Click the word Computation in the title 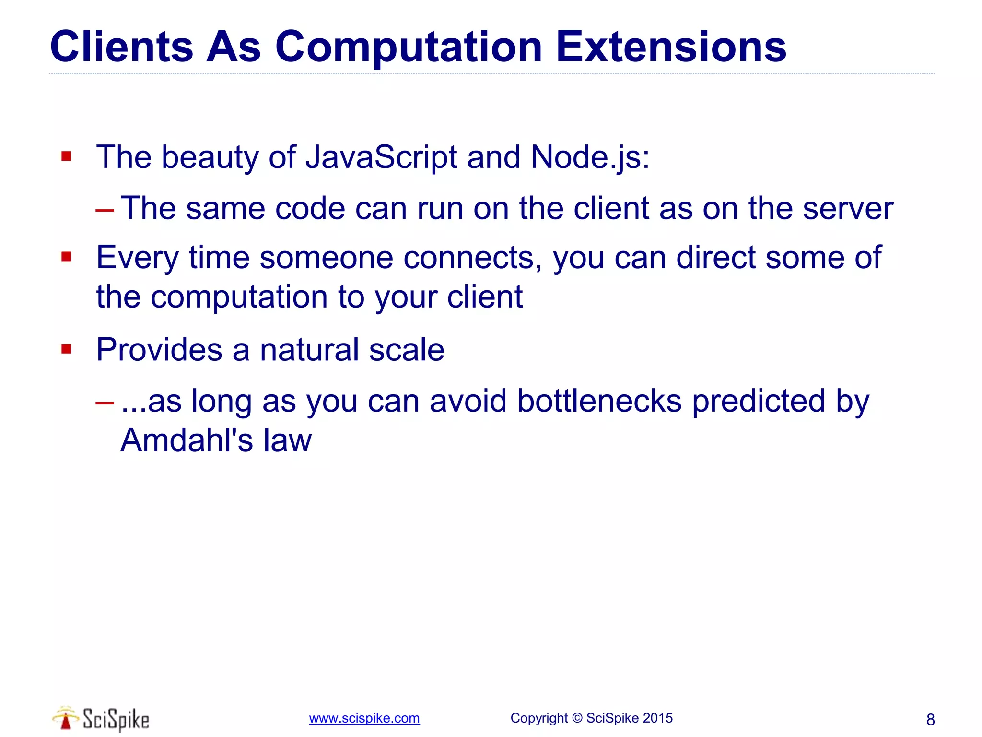point(408,47)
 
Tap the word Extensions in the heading point(671,47)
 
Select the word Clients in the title point(121,47)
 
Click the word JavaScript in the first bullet point(381,157)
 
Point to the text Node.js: point(590,157)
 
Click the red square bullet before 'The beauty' point(66,156)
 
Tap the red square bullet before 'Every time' point(66,257)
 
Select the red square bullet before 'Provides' point(66,349)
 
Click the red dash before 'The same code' point(105,210)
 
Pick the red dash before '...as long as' point(105,402)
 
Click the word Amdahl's point(187,440)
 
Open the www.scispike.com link point(364,718)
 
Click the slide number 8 point(930,720)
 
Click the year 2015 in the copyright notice point(657,718)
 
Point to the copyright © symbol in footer point(577,718)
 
